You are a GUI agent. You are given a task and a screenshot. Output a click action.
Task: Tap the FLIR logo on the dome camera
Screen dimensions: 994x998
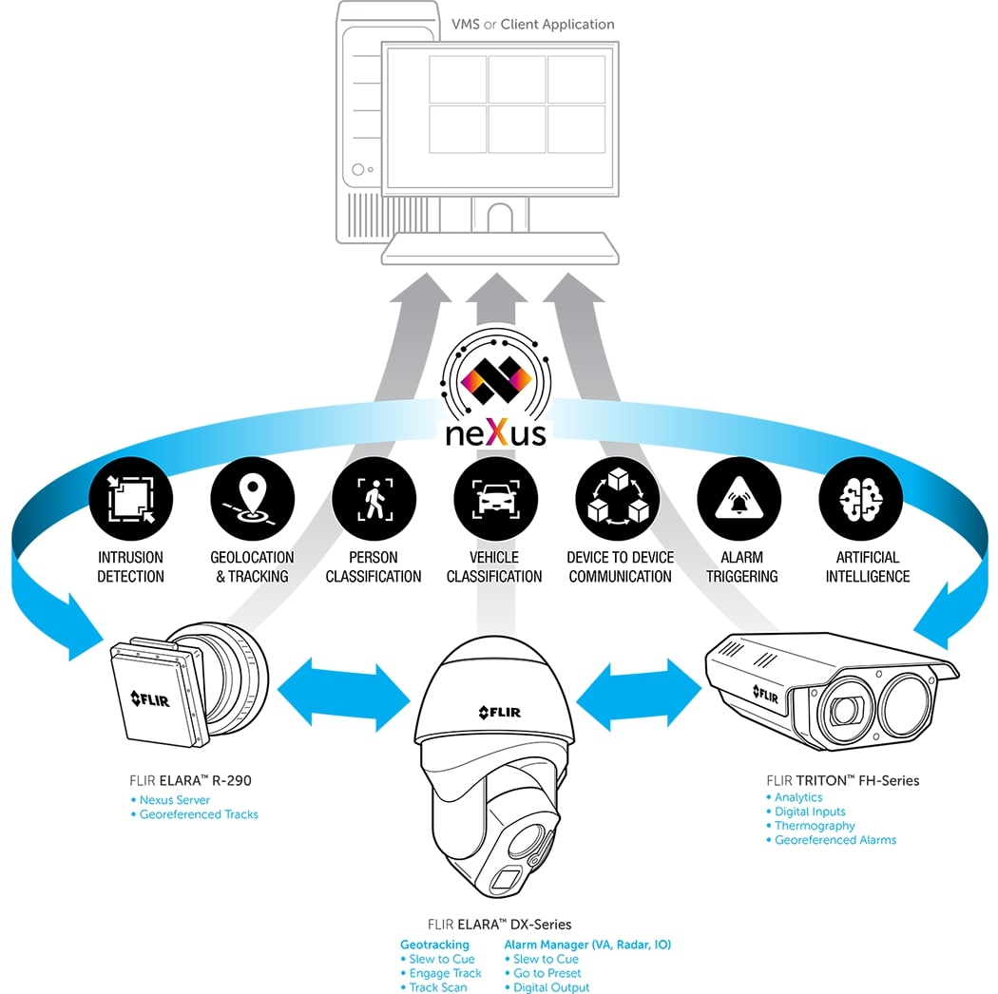(x=499, y=712)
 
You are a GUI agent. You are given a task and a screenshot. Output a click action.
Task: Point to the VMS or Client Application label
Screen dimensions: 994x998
(x=532, y=24)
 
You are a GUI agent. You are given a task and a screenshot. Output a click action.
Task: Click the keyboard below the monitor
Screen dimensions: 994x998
(x=499, y=252)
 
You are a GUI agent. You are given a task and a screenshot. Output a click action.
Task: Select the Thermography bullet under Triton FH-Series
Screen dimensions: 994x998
(x=815, y=826)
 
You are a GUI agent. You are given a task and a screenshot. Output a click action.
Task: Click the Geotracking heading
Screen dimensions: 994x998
(x=434, y=945)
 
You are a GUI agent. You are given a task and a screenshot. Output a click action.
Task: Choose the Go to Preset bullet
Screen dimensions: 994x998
(x=547, y=973)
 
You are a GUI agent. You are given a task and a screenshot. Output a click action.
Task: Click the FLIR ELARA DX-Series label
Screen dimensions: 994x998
(x=499, y=924)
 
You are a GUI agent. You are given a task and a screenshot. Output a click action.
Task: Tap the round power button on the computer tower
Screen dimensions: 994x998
(x=358, y=170)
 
